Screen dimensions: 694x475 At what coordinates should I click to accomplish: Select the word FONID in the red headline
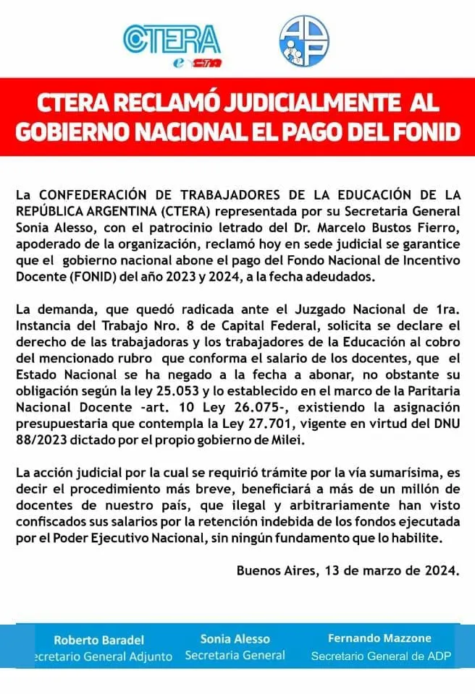click(x=425, y=132)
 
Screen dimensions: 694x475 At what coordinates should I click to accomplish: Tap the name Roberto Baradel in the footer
click(x=99, y=640)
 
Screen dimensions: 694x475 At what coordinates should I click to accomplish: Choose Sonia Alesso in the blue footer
click(x=235, y=639)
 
